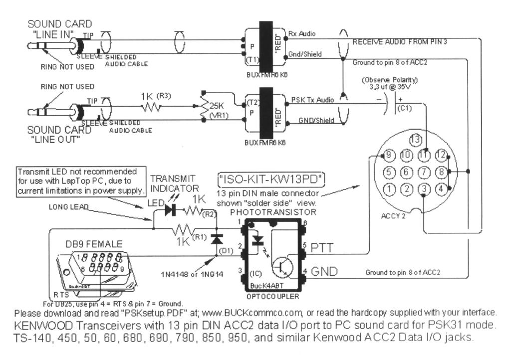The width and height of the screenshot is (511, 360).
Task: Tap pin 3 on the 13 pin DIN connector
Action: pos(423,189)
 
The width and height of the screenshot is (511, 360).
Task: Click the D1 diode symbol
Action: pos(216,239)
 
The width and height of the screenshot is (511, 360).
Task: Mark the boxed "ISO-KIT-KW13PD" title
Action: pos(272,178)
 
